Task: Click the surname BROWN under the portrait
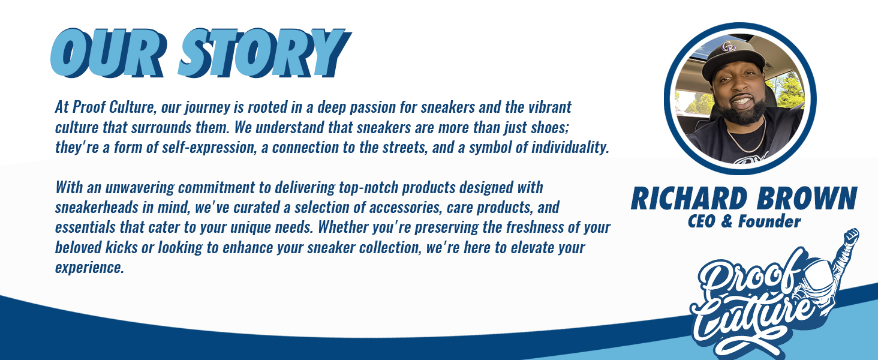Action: tap(807, 199)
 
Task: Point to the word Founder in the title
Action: tap(769, 221)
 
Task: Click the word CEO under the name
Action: tap(702, 221)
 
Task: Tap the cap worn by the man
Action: tap(732, 58)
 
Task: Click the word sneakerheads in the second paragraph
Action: tap(97, 208)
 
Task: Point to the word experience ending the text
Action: tap(89, 268)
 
